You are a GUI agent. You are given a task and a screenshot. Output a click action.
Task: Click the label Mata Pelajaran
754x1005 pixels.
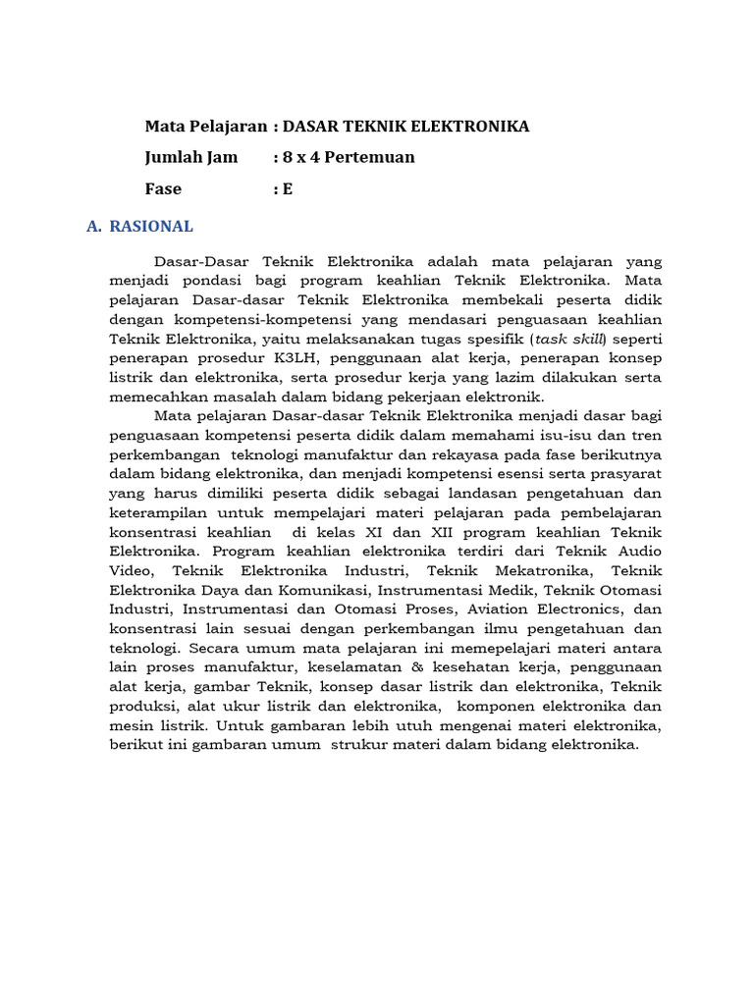(205, 127)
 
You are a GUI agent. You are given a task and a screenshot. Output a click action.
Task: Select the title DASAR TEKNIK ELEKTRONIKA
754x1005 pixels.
(405, 127)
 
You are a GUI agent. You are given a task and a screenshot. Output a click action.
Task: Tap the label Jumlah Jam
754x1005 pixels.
(191, 157)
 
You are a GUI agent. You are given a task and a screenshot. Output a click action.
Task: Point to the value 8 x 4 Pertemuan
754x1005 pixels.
(349, 157)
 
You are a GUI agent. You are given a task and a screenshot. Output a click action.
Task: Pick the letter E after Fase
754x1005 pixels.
(288, 188)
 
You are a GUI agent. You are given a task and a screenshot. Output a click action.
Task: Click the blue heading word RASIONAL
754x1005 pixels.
(151, 227)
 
